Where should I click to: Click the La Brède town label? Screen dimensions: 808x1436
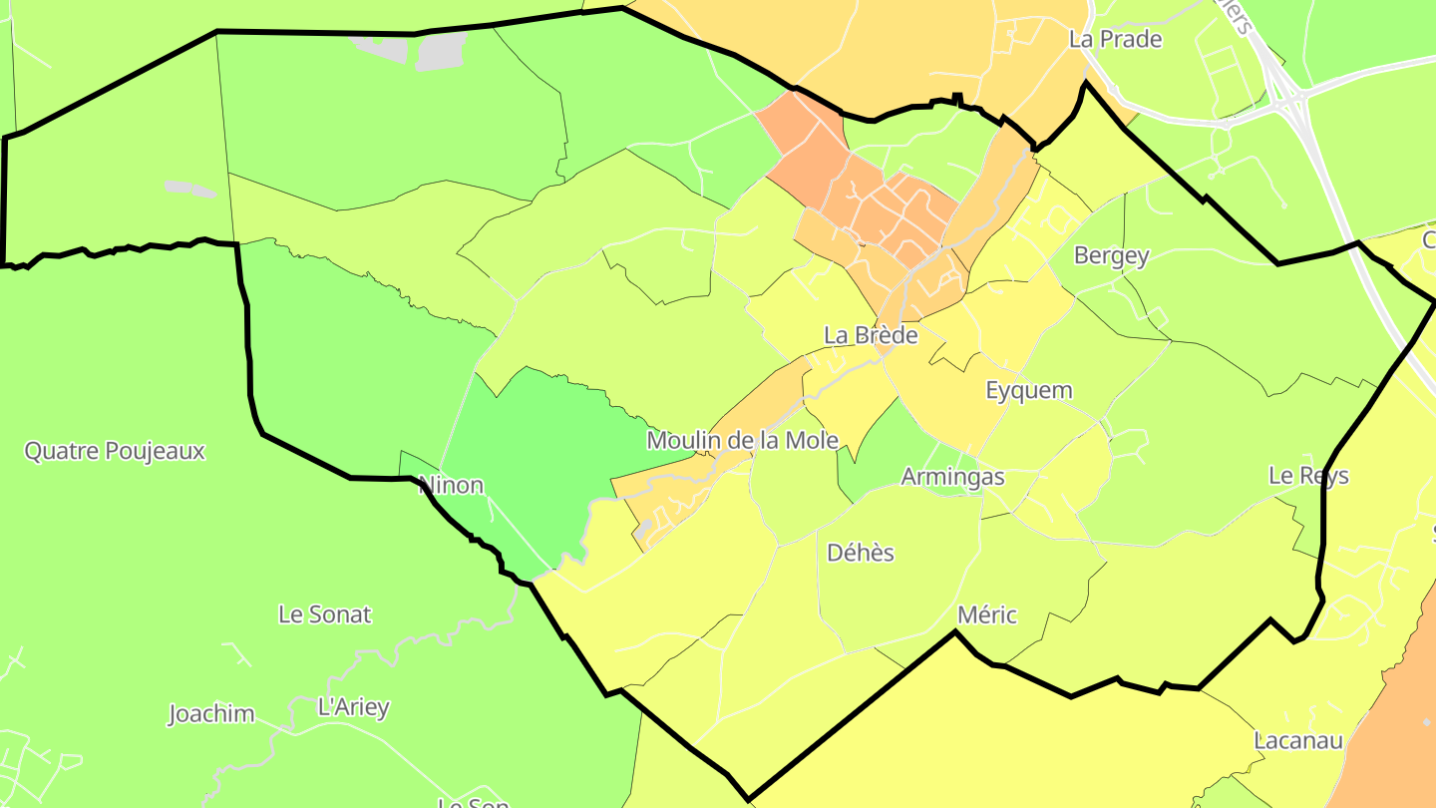pos(870,335)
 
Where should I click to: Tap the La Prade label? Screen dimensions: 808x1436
pos(1115,40)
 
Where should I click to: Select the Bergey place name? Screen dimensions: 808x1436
pos(1111,255)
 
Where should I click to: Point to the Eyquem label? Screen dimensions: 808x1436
pos(1028,390)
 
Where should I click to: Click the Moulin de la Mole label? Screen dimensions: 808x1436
pos(742,440)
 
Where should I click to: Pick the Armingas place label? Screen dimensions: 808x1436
pos(952,477)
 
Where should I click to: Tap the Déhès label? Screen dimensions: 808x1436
pos(861,553)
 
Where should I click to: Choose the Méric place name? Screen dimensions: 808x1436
pos(986,614)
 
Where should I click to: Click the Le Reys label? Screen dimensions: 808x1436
pos(1308,476)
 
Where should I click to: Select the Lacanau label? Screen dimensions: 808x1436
pos(1298,741)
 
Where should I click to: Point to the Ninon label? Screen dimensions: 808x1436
pos(451,486)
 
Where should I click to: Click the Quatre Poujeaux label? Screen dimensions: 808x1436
pos(114,451)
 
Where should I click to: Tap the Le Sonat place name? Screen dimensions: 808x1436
pos(324,614)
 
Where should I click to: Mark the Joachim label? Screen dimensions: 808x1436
pos(210,714)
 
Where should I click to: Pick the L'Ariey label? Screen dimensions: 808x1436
pos(352,708)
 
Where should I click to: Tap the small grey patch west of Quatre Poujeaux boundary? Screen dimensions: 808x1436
pos(189,189)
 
